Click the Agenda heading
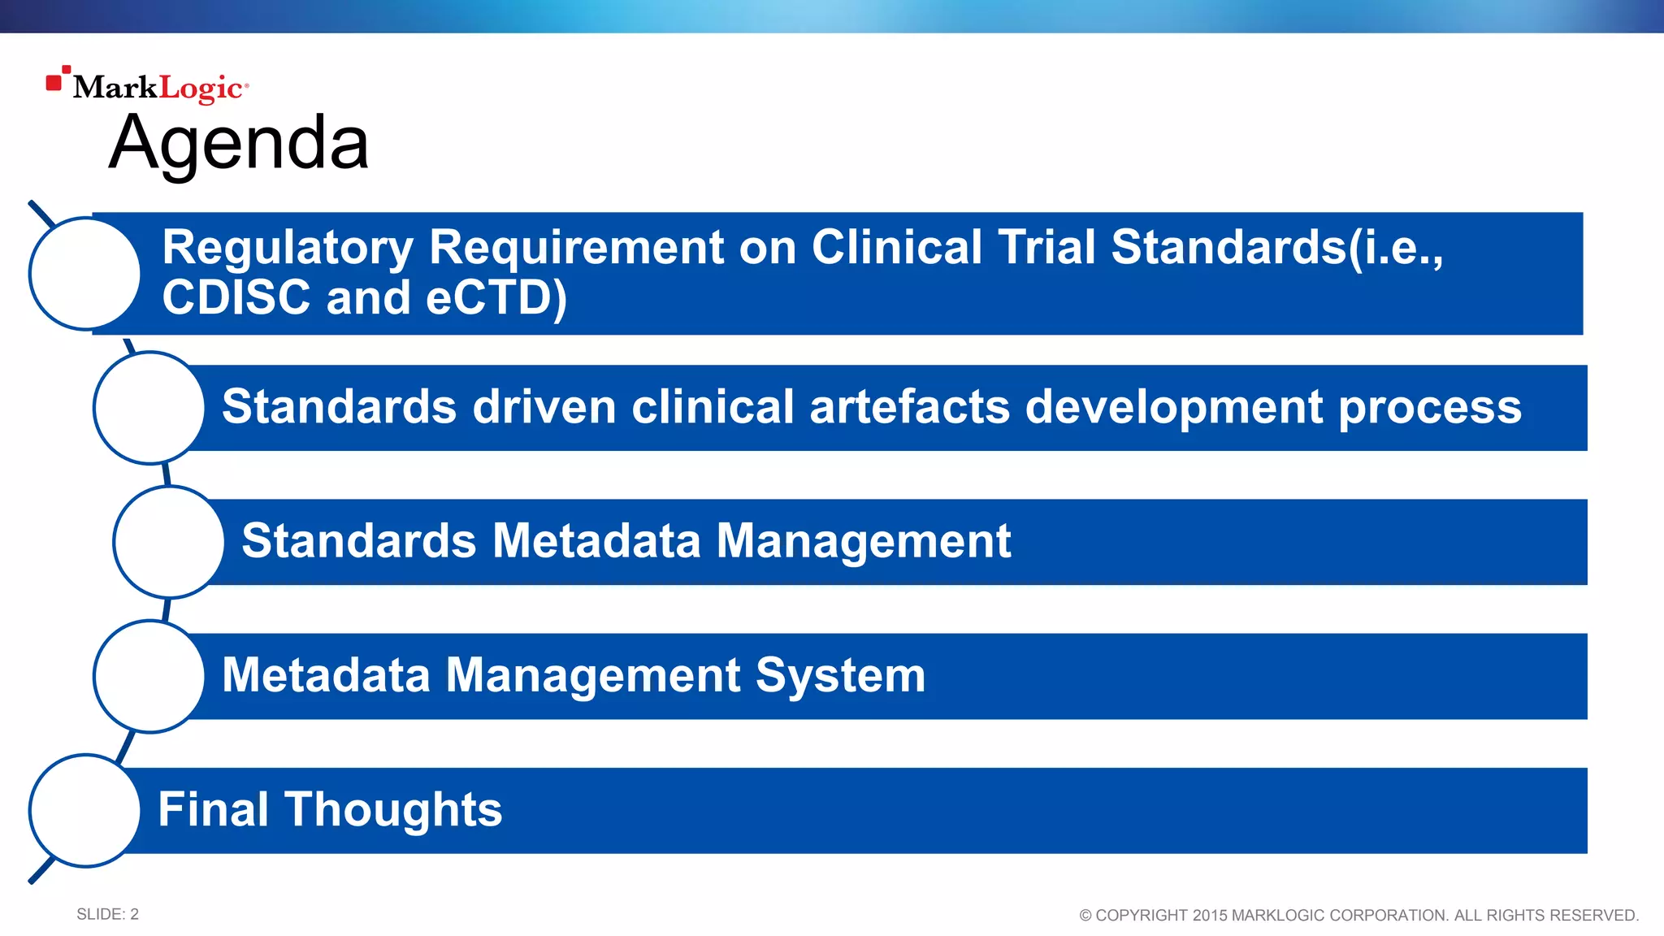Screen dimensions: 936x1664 pos(239,143)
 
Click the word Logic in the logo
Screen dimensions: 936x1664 pos(200,88)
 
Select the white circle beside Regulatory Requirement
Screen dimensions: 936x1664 pos(84,274)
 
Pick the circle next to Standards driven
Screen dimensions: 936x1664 pos(149,408)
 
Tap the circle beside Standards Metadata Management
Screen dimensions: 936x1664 pos(169,542)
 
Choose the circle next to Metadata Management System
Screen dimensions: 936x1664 pos(149,676)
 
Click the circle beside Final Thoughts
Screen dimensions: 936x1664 pos(84,810)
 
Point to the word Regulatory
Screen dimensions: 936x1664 pos(288,247)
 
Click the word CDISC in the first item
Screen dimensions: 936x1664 pos(236,297)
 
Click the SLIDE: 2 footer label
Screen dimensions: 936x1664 pos(107,914)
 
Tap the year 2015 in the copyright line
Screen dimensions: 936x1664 pos(1209,916)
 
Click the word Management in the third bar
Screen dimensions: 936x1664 pos(863,542)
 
